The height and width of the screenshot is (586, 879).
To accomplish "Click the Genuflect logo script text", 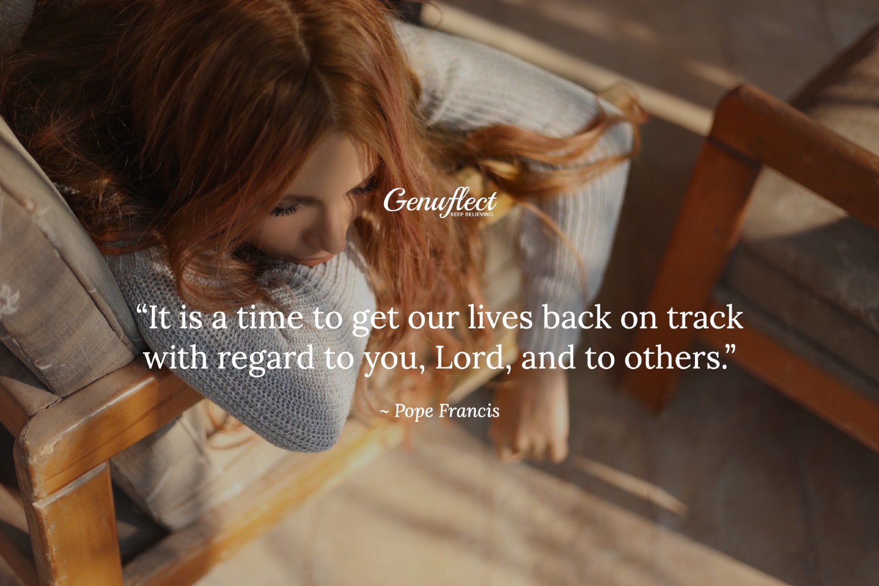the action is click(439, 202).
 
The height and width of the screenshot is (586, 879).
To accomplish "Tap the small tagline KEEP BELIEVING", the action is click(472, 214).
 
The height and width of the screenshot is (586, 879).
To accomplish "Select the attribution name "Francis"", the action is click(469, 411).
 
